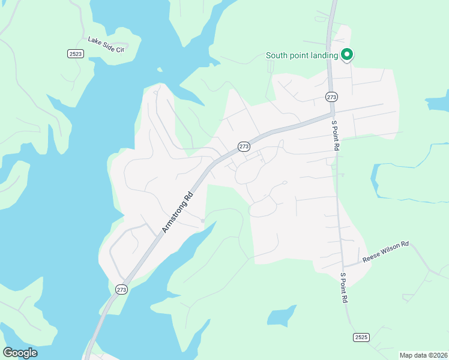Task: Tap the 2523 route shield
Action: click(75, 53)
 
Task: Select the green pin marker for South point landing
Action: click(346, 55)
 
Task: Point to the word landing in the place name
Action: click(324, 56)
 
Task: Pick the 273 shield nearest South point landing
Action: click(331, 97)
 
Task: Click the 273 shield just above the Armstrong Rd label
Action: click(244, 146)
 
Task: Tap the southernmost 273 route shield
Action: click(122, 289)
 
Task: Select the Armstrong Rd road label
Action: click(178, 212)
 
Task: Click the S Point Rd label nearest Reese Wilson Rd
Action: click(344, 287)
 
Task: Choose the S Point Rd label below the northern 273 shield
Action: click(335, 133)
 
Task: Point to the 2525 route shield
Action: click(361, 337)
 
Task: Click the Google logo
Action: click(20, 353)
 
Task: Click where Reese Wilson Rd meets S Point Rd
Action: click(344, 265)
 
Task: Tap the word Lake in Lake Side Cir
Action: click(94, 41)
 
